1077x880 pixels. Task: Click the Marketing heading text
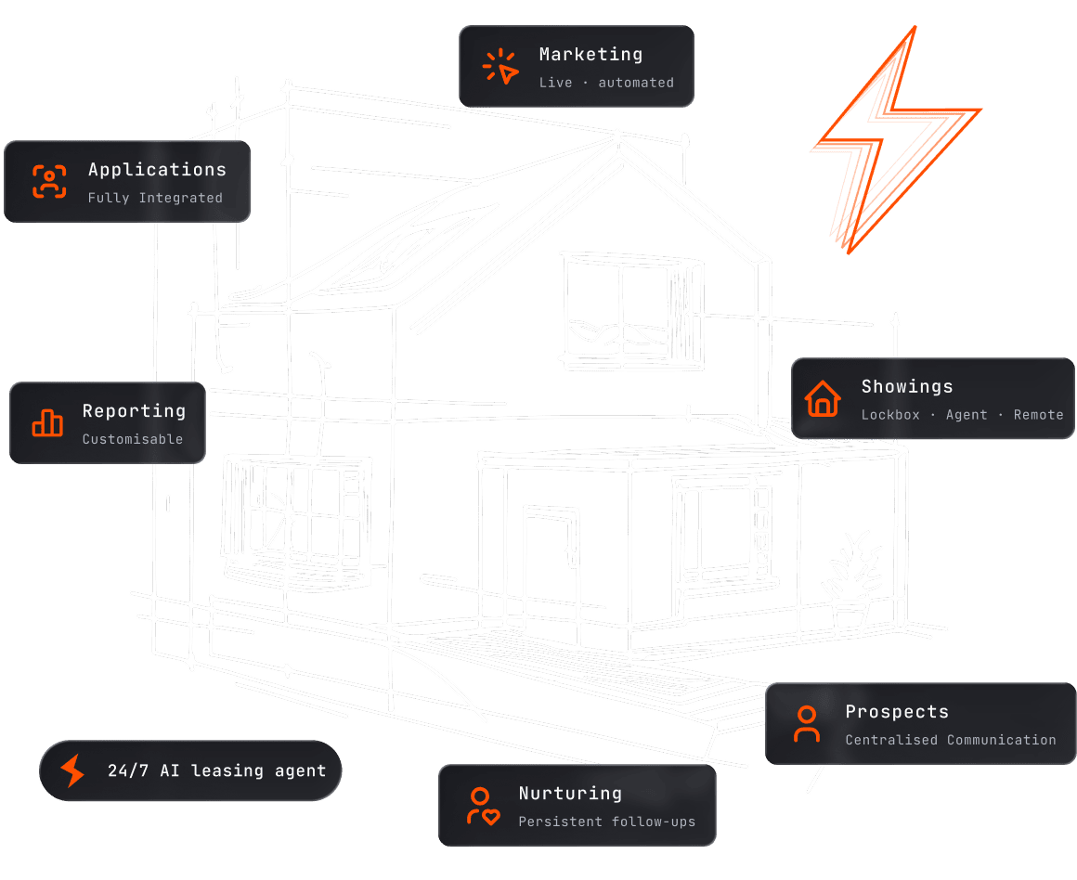[590, 55]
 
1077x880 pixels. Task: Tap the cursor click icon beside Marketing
[500, 67]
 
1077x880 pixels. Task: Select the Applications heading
[157, 170]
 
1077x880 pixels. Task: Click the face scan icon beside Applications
[49, 181]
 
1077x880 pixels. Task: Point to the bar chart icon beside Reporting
[47, 422]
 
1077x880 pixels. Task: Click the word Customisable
[132, 439]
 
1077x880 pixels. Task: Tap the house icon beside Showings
[823, 398]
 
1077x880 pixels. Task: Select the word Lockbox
[889, 415]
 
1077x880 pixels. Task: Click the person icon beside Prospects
[807, 723]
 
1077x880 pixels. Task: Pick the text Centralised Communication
[950, 740]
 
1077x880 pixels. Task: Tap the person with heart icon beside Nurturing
[482, 806]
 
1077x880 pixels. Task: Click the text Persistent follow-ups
[606, 822]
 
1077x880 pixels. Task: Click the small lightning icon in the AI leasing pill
[71, 770]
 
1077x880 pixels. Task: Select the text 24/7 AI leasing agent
[216, 770]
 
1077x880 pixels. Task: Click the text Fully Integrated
[155, 198]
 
